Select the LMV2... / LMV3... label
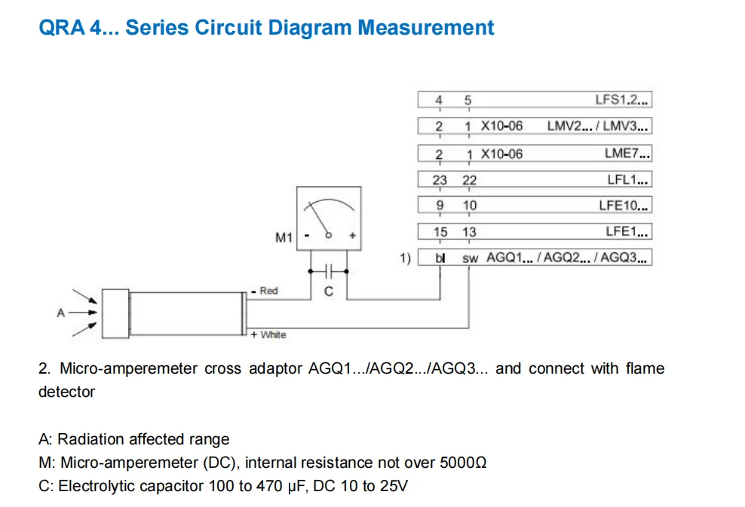pos(598,127)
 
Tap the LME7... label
pos(627,153)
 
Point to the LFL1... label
pos(628,179)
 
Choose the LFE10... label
pos(625,205)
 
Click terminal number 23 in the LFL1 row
pos(439,180)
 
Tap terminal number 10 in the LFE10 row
pos(469,206)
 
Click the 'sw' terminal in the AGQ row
pos(470,258)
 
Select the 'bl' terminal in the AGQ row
pos(440,258)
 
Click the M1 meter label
pos(284,238)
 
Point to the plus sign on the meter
pos(351,236)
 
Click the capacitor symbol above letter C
pos(328,270)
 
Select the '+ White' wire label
pos(268,334)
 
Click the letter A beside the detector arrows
pos(61,313)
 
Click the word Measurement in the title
pos(425,28)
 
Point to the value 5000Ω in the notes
pos(464,462)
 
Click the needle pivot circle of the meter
pos(328,236)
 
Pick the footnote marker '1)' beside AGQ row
pos(405,258)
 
